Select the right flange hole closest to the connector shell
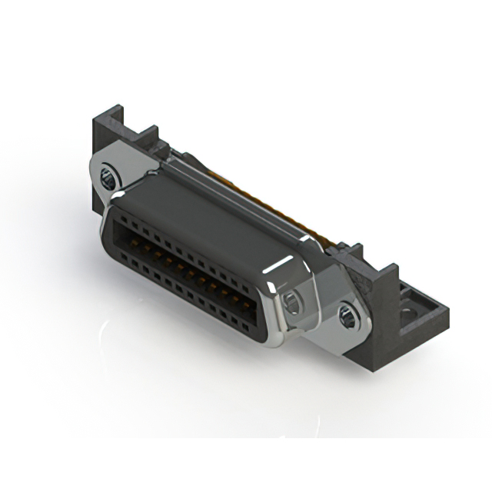point(292,301)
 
